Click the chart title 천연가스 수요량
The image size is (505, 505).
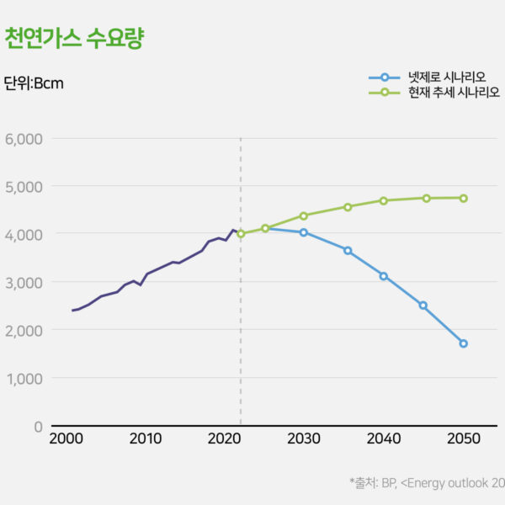[x=74, y=39]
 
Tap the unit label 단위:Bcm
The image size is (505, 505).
[x=34, y=83]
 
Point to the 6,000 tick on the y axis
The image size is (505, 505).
[x=24, y=138]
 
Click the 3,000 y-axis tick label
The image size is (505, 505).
[x=24, y=282]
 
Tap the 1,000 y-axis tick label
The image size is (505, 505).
[x=24, y=378]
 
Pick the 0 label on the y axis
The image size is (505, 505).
[x=37, y=426]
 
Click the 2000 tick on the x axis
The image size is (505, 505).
[x=66, y=439]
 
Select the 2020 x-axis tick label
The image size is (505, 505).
[x=225, y=439]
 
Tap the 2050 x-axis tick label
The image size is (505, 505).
[x=463, y=439]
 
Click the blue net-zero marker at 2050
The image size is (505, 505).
[x=463, y=343]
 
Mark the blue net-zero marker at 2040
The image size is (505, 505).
[x=384, y=276]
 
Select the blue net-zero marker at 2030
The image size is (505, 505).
[x=304, y=232]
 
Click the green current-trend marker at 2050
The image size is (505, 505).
[x=463, y=198]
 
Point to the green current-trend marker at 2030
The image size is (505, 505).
[x=304, y=215]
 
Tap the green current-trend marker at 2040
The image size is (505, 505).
[x=384, y=200]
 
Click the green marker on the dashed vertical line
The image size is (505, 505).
[x=241, y=233]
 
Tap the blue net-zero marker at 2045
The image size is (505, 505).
[x=423, y=306]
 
